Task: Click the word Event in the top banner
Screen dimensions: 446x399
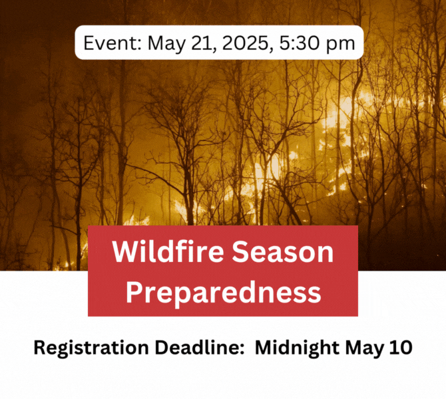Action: point(110,43)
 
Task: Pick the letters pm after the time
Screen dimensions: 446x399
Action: point(340,45)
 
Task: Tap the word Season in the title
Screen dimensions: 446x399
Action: point(283,252)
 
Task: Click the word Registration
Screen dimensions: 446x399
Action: point(91,348)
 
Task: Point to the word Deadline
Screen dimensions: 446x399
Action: point(196,347)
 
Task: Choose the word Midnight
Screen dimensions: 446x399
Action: point(297,348)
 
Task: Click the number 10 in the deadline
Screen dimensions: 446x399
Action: point(401,347)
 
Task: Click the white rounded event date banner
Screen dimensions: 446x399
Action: point(219,43)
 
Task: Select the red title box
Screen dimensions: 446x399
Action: point(223,271)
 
